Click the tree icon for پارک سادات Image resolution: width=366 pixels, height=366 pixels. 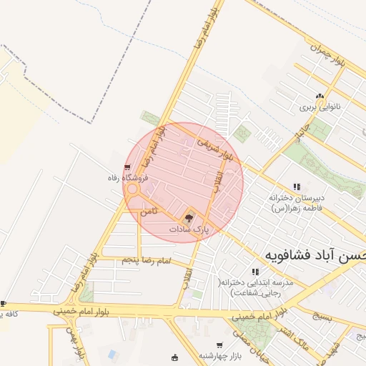189,217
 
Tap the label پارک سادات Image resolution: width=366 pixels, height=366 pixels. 189,229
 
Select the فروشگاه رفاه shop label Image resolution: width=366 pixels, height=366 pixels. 127,177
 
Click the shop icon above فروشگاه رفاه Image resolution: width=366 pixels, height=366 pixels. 127,167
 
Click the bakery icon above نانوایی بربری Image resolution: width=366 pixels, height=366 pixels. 320,96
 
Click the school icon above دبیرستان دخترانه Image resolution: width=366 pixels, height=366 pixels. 297,187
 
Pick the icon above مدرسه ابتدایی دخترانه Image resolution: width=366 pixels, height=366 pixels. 255,272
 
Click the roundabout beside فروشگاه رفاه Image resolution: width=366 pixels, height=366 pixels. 132,190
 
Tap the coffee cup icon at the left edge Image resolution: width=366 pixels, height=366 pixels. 4,304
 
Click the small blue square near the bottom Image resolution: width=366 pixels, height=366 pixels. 112,353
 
